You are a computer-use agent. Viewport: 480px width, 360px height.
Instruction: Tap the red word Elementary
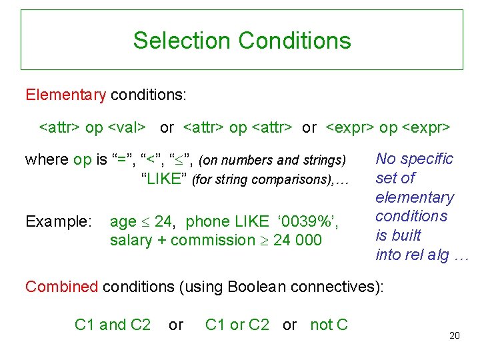click(65, 95)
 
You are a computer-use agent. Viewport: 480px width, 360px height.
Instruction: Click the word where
click(47, 160)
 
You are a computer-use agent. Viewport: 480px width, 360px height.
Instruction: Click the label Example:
click(58, 222)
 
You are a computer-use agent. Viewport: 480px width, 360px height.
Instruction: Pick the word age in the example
click(123, 222)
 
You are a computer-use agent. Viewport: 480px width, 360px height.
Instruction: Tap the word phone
click(207, 222)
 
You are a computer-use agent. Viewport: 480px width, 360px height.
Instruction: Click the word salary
click(131, 241)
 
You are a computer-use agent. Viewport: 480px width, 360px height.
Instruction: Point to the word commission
click(213, 241)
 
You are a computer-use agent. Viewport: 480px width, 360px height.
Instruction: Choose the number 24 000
click(297, 241)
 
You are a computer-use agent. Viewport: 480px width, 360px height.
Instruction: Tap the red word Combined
click(61, 287)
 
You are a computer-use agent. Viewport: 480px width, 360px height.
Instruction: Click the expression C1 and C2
click(113, 325)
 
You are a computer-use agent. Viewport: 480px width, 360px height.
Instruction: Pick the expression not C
click(329, 325)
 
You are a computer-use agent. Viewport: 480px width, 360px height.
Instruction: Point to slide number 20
click(455, 335)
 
